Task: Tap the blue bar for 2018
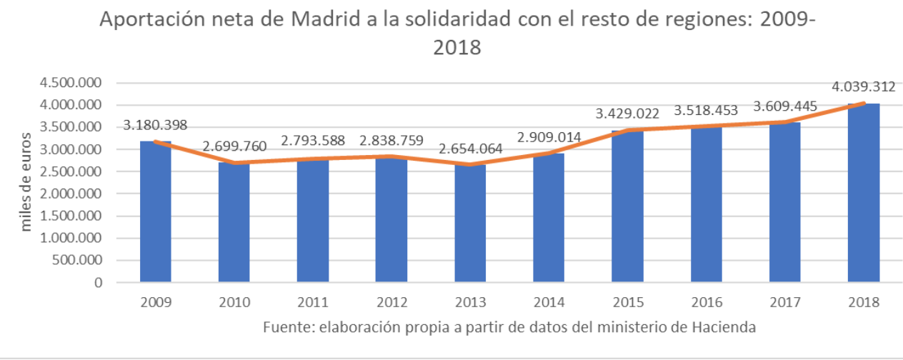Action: coord(863,193)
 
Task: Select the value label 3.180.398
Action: coord(155,125)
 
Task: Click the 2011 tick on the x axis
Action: coord(313,303)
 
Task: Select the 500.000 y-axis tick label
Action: coord(74,260)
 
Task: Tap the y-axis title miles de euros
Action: coord(26,181)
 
